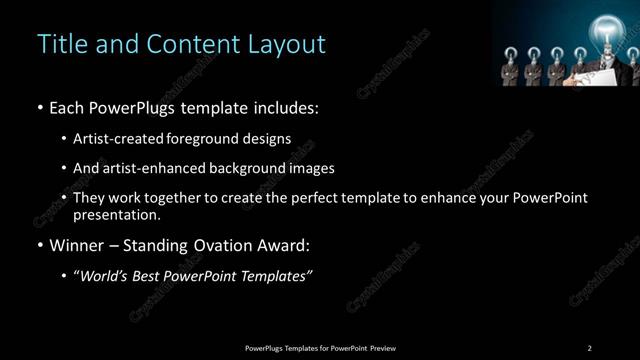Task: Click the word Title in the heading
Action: (59, 45)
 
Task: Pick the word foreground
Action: (203, 138)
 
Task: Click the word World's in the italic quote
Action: (103, 276)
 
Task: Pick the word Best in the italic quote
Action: (149, 276)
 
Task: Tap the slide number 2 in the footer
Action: (590, 348)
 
